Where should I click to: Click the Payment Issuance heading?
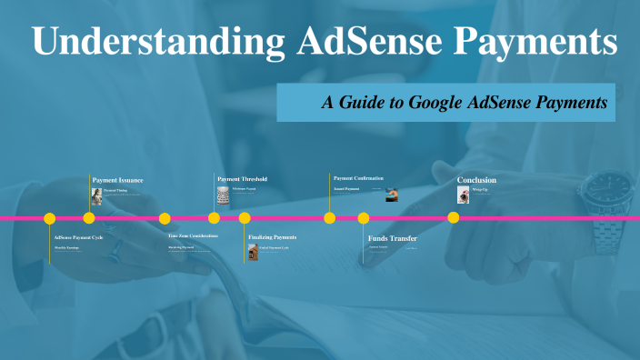pyautogui.click(x=117, y=180)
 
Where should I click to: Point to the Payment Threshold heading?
pyautogui.click(x=242, y=179)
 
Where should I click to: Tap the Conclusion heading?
pyautogui.click(x=476, y=180)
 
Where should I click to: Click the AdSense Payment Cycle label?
pyautogui.click(x=78, y=236)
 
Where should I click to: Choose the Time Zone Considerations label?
pyautogui.click(x=193, y=235)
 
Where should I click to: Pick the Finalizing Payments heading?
pyautogui.click(x=272, y=237)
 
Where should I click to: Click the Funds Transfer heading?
pyautogui.click(x=392, y=238)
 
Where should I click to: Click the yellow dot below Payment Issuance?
pyautogui.click(x=89, y=218)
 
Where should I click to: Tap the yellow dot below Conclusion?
pyautogui.click(x=453, y=218)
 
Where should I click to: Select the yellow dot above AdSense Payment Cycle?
pyautogui.click(x=50, y=218)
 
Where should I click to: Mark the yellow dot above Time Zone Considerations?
pyautogui.click(x=165, y=218)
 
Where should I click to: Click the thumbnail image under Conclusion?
pyautogui.click(x=463, y=195)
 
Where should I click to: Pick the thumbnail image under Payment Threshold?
pyautogui.click(x=223, y=195)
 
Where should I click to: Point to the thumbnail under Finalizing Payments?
pyautogui.click(x=253, y=252)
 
